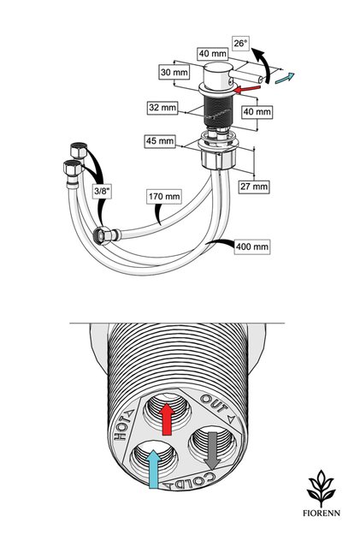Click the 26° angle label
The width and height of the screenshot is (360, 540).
(x=240, y=44)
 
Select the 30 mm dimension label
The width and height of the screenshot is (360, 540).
(x=174, y=73)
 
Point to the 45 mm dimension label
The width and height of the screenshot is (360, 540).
(x=160, y=141)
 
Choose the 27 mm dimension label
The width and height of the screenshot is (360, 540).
(x=254, y=187)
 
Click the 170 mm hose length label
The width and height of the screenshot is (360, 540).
(x=164, y=197)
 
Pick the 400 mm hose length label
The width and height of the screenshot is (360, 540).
(x=252, y=246)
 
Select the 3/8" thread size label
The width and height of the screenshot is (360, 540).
(x=103, y=191)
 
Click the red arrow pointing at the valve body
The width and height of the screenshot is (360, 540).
(x=246, y=89)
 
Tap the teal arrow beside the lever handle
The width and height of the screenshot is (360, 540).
(x=285, y=78)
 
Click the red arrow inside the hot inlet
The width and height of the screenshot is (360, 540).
(x=168, y=418)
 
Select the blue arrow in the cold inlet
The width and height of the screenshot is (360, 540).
(x=154, y=469)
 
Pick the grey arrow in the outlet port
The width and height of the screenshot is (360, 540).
(x=212, y=450)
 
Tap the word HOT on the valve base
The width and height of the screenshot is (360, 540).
(x=121, y=429)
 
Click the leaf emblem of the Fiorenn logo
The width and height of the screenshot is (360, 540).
(x=322, y=488)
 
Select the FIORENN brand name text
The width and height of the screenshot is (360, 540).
(x=322, y=513)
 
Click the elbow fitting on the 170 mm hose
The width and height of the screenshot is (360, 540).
(x=107, y=234)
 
